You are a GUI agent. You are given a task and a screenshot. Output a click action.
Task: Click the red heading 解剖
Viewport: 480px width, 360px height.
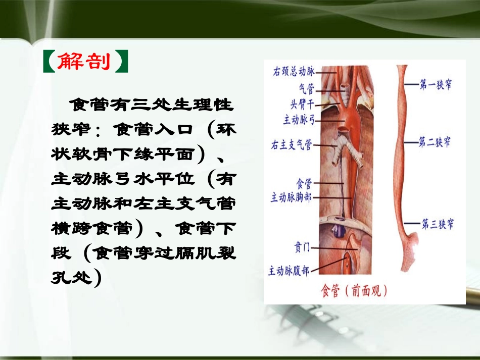point(83,61)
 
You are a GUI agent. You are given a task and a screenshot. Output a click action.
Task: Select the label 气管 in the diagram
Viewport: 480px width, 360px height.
point(306,89)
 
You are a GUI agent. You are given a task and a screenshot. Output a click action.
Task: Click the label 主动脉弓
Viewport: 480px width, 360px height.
point(299,121)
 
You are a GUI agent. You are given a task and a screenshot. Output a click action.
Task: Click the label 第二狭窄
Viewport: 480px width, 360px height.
point(436,143)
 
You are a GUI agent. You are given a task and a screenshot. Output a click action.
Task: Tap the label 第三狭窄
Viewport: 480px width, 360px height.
point(437,223)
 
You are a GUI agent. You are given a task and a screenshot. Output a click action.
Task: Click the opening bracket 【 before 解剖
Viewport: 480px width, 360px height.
point(49,61)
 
